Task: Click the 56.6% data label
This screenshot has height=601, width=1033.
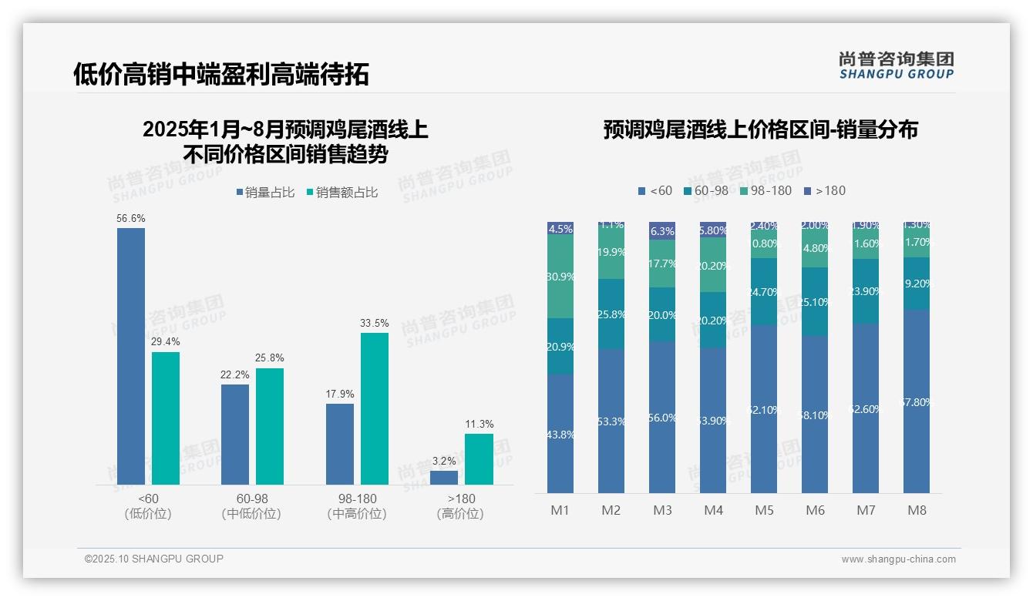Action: (131, 219)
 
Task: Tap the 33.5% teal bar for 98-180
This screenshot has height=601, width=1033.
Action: (375, 408)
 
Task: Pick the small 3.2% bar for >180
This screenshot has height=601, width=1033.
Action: (444, 478)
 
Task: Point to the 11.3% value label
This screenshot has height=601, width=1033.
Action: (479, 425)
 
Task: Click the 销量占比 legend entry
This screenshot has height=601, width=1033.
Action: (265, 193)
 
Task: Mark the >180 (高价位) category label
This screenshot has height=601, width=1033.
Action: (460, 506)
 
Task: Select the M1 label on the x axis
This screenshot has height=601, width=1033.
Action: (560, 510)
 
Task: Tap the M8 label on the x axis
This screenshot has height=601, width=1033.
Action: (917, 510)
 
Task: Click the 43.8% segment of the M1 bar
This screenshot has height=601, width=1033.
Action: (560, 434)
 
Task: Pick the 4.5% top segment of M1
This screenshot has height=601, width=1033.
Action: (560, 228)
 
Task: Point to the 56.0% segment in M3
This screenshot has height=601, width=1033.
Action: (662, 417)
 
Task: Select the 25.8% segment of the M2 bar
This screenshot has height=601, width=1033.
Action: (611, 314)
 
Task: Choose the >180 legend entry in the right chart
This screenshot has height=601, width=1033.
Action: (825, 191)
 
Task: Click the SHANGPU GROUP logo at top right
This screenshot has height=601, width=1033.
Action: (896, 65)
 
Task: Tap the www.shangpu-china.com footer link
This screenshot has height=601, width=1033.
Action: (898, 559)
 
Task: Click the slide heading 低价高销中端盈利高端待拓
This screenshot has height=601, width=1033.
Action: (220, 74)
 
